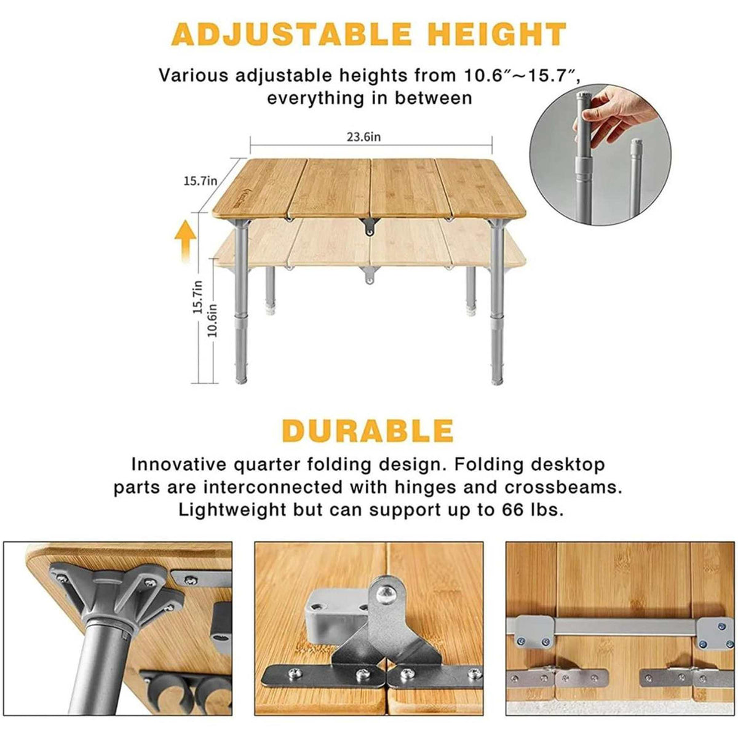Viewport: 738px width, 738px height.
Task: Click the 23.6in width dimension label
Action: click(363, 137)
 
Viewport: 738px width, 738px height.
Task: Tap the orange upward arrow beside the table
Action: click(185, 240)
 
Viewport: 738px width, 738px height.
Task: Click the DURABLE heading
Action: click(368, 430)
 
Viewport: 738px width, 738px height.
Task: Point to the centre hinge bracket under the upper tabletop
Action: click(369, 226)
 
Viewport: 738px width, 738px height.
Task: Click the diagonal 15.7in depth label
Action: click(200, 180)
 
